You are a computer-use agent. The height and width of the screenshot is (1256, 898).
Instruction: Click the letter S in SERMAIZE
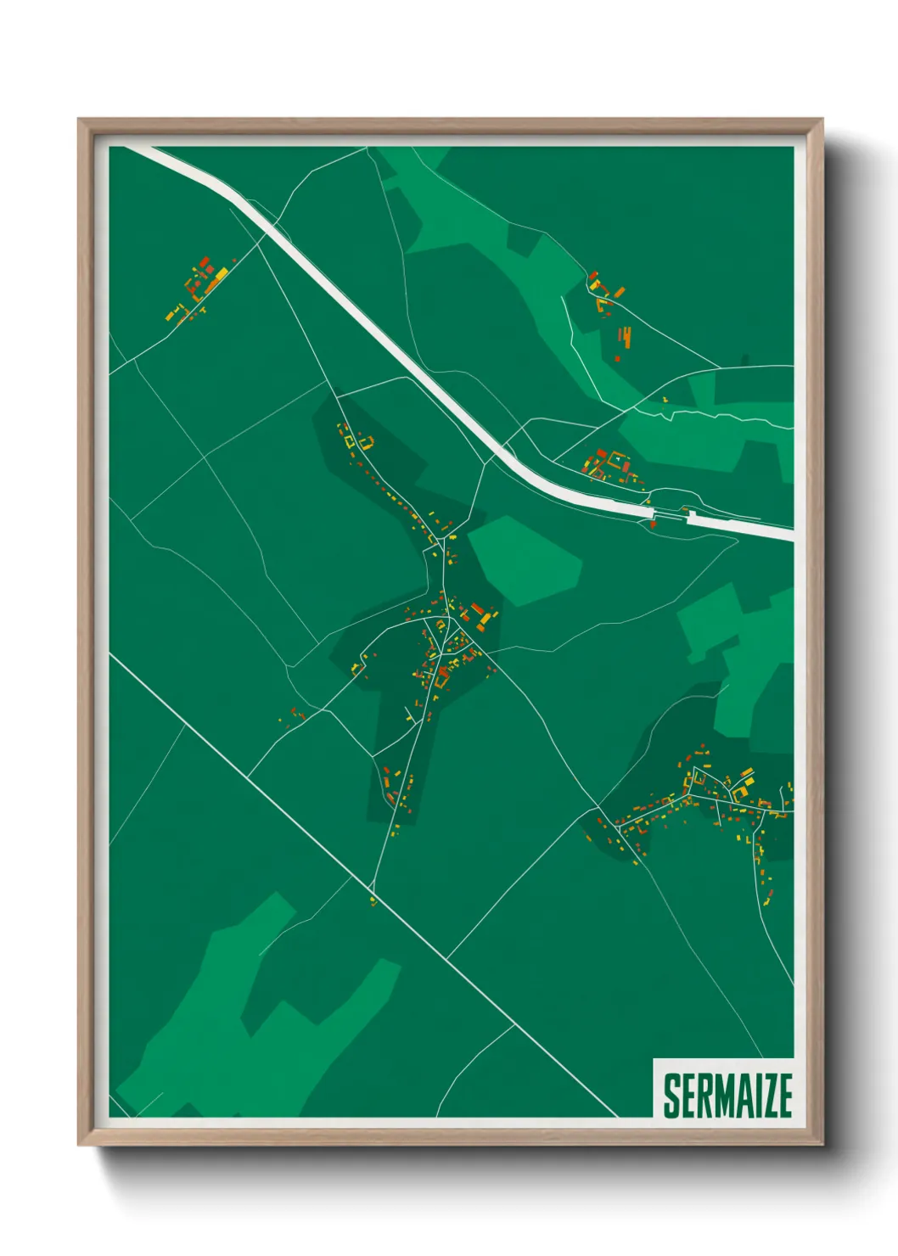click(671, 1096)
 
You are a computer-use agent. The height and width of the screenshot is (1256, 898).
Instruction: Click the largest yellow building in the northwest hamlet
click(220, 275)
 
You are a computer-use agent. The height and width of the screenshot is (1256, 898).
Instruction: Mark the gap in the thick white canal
click(671, 514)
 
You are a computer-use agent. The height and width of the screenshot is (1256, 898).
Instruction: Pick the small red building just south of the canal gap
click(654, 524)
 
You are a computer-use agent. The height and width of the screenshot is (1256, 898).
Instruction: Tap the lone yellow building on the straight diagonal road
click(372, 900)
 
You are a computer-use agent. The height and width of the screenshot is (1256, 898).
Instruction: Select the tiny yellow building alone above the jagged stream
click(665, 399)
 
